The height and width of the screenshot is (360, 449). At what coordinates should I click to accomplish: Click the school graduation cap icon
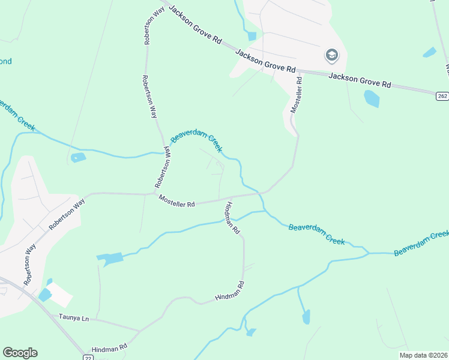(x=331, y=56)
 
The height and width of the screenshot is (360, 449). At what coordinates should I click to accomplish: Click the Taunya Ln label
(x=74, y=319)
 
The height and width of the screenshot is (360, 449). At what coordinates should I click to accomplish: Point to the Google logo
(x=20, y=353)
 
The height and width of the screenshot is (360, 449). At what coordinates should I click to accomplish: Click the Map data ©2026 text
(x=424, y=355)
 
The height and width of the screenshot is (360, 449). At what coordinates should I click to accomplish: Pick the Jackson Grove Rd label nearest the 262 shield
(x=360, y=80)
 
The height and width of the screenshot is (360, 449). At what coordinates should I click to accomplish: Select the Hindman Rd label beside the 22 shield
(x=109, y=347)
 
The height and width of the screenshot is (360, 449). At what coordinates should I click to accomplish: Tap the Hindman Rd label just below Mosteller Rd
(x=232, y=218)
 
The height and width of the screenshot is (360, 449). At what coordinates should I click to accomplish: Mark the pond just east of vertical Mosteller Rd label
(x=372, y=98)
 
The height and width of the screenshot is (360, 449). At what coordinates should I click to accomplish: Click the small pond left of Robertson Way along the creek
(x=78, y=158)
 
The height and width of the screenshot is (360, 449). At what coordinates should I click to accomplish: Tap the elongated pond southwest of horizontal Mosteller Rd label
(x=110, y=259)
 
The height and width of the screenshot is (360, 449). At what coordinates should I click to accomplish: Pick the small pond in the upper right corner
(x=429, y=52)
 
